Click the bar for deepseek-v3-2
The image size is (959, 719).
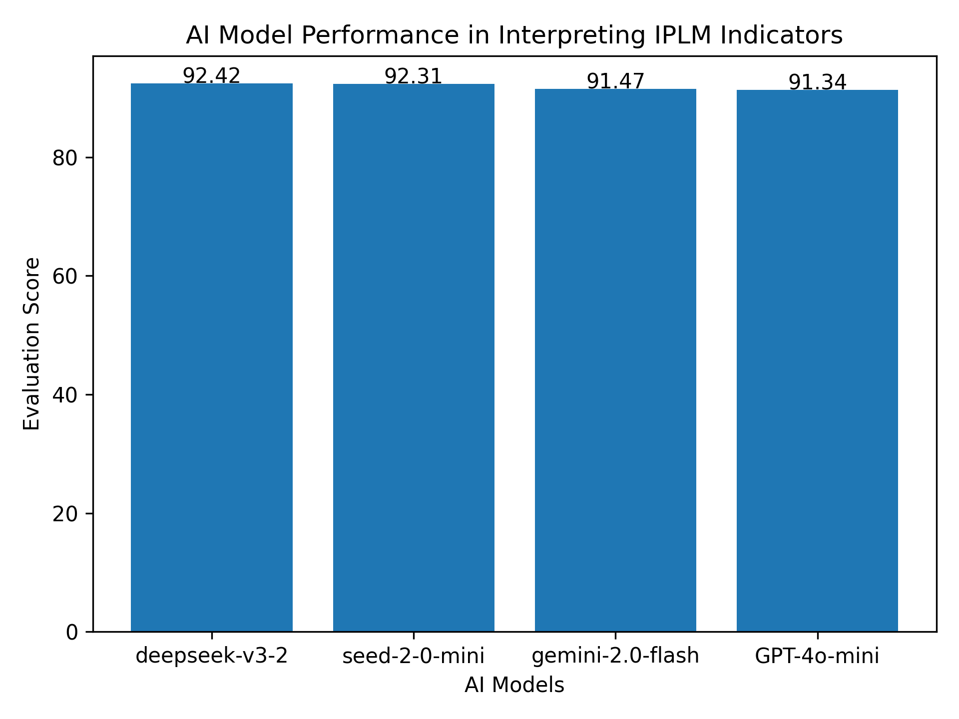[x=211, y=357]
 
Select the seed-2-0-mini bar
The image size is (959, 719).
[x=414, y=357]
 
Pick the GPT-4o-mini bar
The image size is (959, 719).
[x=817, y=360]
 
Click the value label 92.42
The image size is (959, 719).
[x=211, y=76]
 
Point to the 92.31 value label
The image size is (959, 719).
[x=414, y=76]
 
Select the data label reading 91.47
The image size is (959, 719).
[x=615, y=81]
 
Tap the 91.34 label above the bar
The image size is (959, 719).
[x=817, y=82]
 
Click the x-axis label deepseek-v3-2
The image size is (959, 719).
[x=212, y=656]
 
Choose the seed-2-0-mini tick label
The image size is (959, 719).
[x=414, y=656]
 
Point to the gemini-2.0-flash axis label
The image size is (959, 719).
[x=615, y=656]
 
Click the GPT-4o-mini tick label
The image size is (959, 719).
[x=817, y=656]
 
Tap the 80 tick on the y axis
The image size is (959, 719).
[x=65, y=158]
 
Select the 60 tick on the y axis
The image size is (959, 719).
[x=65, y=277]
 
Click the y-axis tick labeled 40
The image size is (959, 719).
[x=65, y=395]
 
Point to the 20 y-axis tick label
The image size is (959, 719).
[x=65, y=513]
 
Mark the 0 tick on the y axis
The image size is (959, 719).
[x=72, y=632]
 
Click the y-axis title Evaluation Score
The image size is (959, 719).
[x=32, y=344]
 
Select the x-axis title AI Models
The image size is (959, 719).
[x=514, y=686]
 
